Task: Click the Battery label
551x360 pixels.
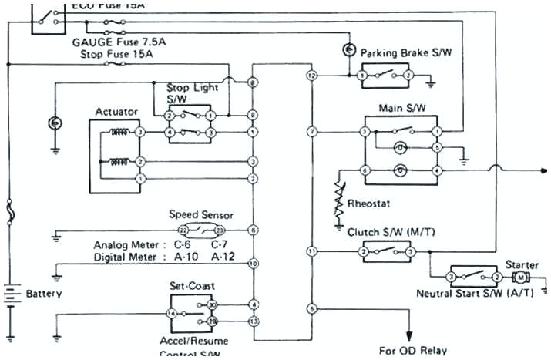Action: point(43,294)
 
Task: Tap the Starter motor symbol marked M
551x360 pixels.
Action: point(520,277)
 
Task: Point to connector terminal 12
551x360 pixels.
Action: point(311,76)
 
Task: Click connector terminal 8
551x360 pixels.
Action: point(253,82)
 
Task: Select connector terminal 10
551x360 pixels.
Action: point(253,264)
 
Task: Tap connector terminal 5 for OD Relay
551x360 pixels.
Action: point(311,309)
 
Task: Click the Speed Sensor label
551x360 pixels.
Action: point(200,215)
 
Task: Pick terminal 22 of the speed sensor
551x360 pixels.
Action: point(183,230)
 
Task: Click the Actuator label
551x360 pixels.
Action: point(116,112)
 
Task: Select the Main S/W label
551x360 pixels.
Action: point(398,108)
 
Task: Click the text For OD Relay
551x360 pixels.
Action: point(412,350)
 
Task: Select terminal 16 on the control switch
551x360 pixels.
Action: point(172,314)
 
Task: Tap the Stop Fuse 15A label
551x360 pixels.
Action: point(117,54)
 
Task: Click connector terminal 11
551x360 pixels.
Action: point(311,251)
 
